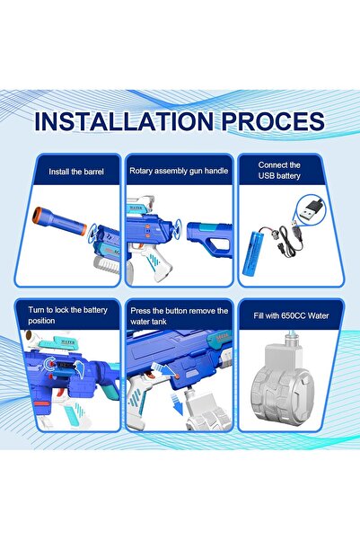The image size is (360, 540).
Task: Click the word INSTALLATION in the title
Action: tap(124, 121)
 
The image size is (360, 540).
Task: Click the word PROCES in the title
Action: tap(273, 121)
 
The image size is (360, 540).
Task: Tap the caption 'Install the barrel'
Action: tap(76, 172)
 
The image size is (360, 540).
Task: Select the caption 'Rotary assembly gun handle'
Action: tap(179, 171)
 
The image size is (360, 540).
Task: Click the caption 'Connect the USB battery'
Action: tap(279, 170)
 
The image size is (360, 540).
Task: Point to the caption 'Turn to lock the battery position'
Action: tap(68, 315)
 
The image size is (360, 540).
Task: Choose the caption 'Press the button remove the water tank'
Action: tap(179, 315)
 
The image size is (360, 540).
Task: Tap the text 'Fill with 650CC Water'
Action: tap(291, 315)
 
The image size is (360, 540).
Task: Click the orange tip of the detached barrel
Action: tap(36, 215)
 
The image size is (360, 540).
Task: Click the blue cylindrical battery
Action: tap(251, 252)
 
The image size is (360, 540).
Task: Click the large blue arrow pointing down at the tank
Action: tap(178, 403)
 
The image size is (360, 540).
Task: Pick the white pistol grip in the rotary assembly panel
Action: tap(156, 262)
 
